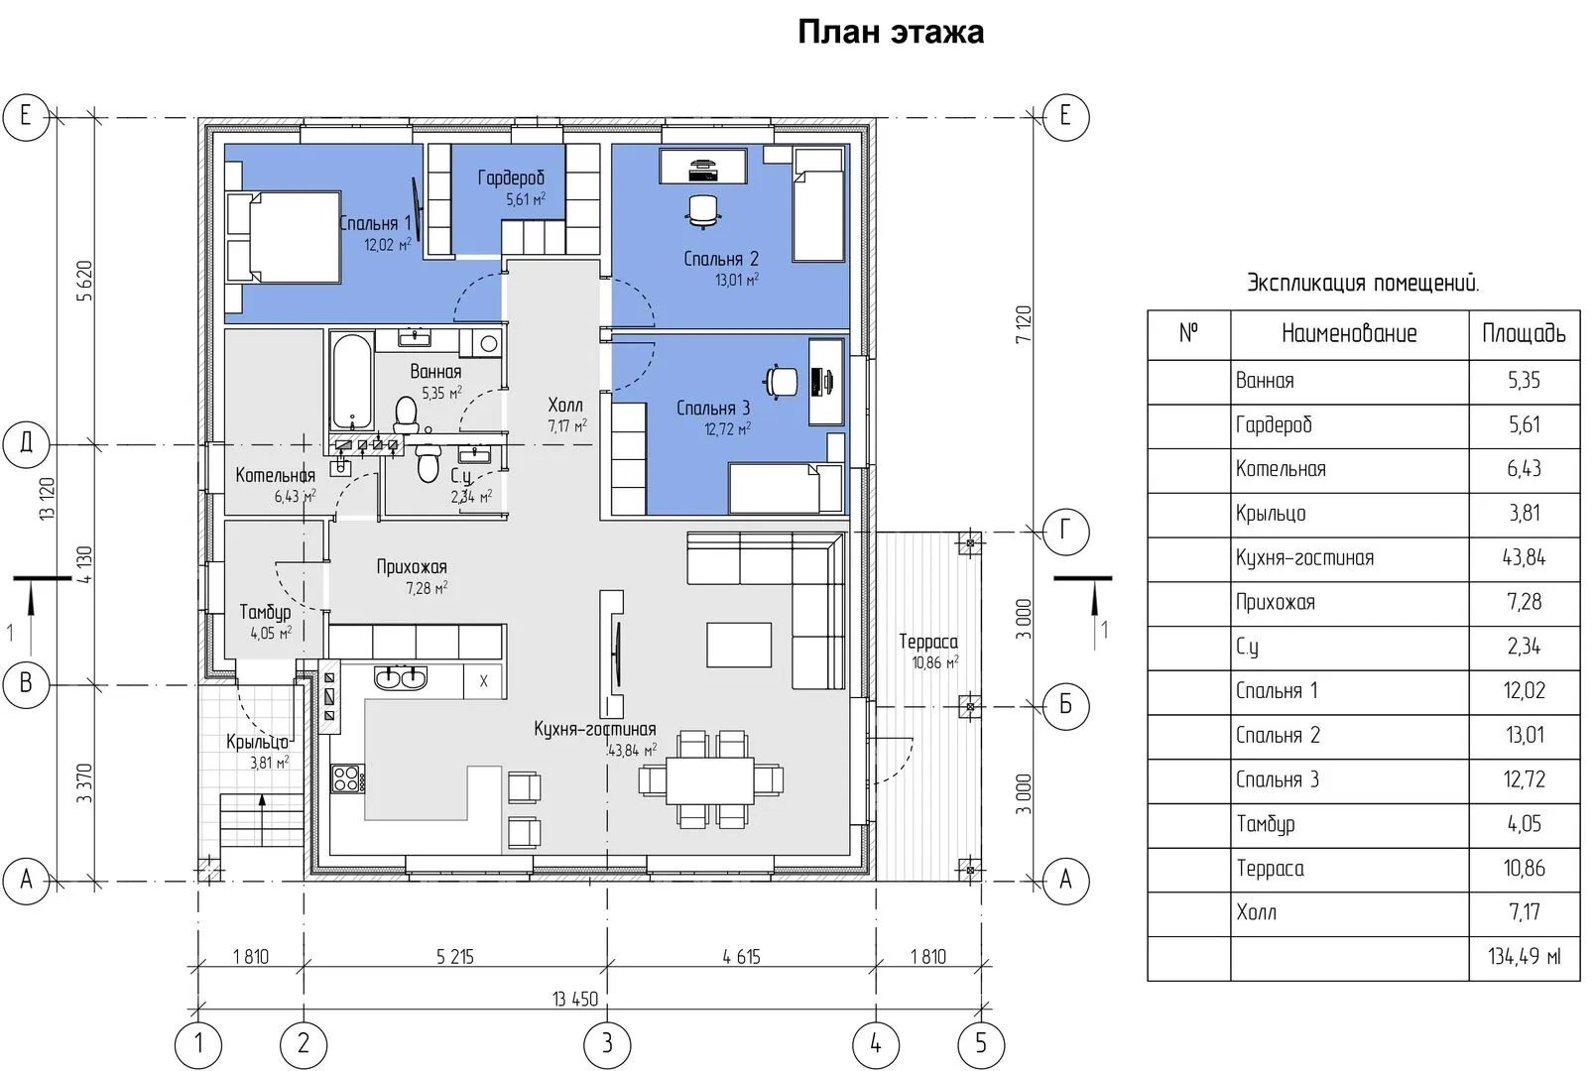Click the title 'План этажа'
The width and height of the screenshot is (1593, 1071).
pos(891,32)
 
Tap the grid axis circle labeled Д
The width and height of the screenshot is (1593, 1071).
pos(27,444)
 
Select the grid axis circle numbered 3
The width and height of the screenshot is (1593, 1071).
pos(607,1044)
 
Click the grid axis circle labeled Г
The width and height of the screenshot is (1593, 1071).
pos(1065,531)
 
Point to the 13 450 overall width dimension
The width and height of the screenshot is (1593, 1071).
pos(575,999)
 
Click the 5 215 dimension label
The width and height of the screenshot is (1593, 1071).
pos(455,957)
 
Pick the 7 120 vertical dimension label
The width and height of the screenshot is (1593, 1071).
pos(1023,325)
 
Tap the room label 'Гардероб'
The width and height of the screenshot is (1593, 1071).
pos(511,178)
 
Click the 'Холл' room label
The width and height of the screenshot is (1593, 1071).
pos(565,405)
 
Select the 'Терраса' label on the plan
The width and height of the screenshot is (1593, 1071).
pos(928,642)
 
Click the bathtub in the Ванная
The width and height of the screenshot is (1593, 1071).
pos(352,382)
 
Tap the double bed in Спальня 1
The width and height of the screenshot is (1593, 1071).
pos(283,237)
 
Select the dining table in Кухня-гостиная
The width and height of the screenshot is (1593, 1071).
pos(710,780)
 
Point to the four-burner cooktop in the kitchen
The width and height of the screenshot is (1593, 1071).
pos(348,778)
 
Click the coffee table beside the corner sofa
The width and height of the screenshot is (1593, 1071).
pos(739,645)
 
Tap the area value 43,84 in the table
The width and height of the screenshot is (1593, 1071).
pos(1524,557)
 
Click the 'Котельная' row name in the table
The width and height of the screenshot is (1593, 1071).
pos(1281,469)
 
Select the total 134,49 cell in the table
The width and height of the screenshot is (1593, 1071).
pos(1524,957)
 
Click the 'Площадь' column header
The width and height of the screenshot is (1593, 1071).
pos(1524,333)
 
